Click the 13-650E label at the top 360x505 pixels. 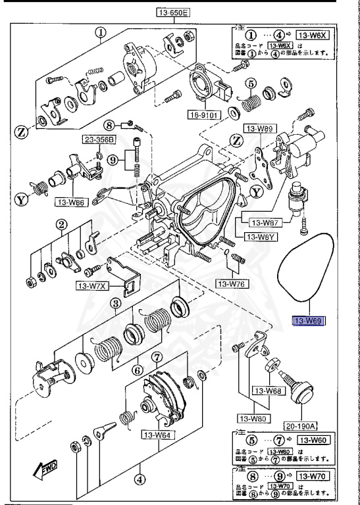coord(172,12)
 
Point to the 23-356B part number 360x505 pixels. coord(98,139)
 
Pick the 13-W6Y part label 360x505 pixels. coord(261,237)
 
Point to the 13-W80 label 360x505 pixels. coord(254,418)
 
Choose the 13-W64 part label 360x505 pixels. coord(157,435)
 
